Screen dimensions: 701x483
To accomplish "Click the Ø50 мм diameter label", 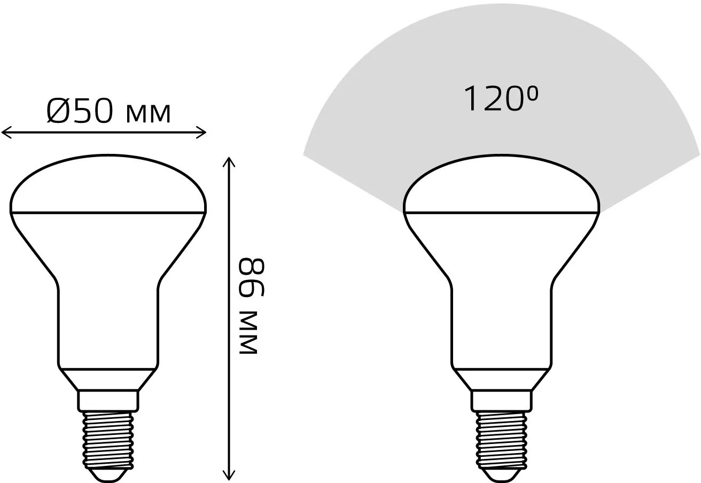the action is tap(108, 111).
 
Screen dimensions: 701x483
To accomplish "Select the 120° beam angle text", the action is tap(501, 99).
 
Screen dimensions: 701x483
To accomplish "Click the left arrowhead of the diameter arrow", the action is tap(6, 133).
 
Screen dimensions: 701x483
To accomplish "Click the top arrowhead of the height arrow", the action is tap(229, 162).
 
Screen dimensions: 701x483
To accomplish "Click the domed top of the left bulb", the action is tap(108, 184).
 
